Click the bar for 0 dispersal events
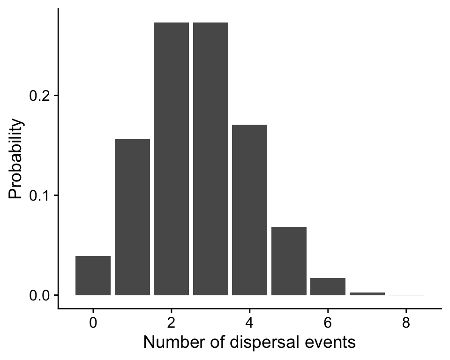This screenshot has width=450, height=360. (93, 276)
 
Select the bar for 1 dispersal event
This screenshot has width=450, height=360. (132, 217)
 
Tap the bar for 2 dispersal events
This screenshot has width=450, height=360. (171, 159)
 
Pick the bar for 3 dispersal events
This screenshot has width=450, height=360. (210, 159)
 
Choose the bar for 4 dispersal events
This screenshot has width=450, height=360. (249, 210)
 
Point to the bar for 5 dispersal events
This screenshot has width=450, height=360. (289, 261)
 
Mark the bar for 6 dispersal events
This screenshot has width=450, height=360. (328, 287)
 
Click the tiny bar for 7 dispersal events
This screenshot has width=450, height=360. (367, 294)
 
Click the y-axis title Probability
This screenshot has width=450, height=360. (15, 159)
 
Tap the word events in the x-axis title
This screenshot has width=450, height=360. (332, 343)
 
